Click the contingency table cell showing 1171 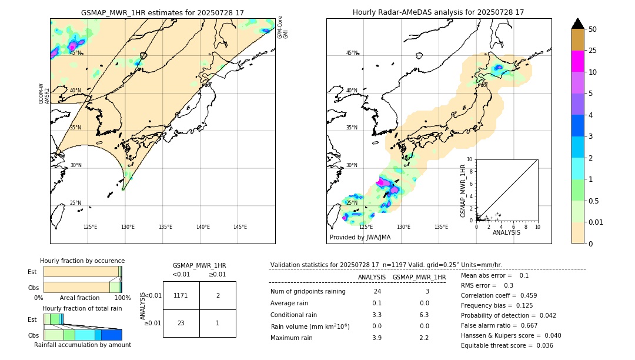point(181,295)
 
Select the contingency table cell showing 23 point(181,323)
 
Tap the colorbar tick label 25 point(593,51)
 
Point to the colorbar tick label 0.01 point(596,222)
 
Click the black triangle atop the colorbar point(577,24)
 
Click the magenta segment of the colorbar point(577,61)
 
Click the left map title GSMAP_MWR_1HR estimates point(162,12)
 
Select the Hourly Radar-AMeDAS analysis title point(438,12)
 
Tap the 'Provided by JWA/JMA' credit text point(360,238)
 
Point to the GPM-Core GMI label point(283,27)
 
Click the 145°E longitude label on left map point(240,227)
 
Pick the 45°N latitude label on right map point(352,53)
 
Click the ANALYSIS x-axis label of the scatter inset point(506,232)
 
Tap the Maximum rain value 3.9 point(377,338)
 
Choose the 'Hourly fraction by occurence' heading point(82,261)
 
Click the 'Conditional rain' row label point(293,315)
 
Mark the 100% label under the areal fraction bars point(122,298)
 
